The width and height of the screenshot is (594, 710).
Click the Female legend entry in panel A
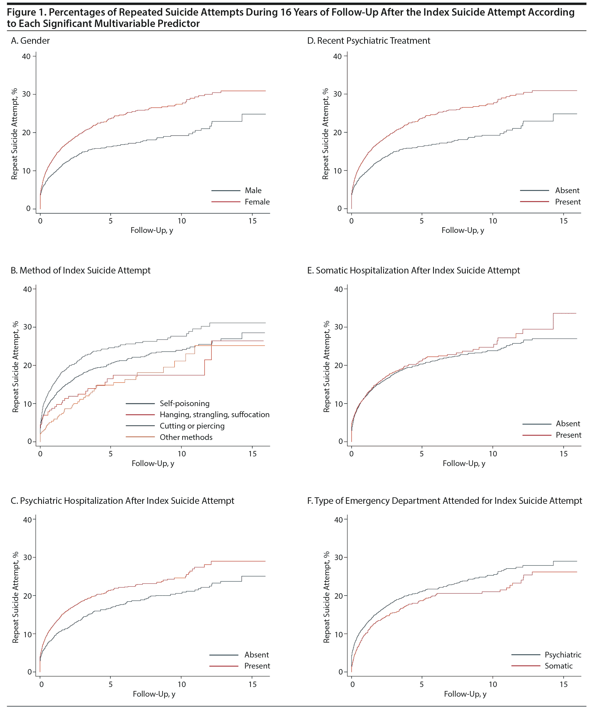click(x=257, y=202)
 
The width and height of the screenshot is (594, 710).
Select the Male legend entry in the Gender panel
click(x=253, y=190)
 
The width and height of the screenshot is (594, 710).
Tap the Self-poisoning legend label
click(x=184, y=403)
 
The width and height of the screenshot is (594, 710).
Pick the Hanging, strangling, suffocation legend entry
click(x=215, y=415)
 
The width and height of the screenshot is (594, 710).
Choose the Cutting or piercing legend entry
click(x=192, y=426)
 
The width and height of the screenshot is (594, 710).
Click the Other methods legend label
click(x=186, y=437)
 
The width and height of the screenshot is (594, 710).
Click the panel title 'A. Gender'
click(x=30, y=41)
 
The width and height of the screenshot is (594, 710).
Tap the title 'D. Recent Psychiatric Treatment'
click(x=369, y=41)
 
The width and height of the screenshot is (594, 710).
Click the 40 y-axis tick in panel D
click(x=337, y=57)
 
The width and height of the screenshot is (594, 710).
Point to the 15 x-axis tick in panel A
click(x=252, y=221)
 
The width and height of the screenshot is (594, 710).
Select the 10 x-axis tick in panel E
click(x=493, y=454)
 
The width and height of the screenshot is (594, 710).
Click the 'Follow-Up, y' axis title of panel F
click(x=465, y=694)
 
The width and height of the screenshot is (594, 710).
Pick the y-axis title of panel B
click(x=15, y=367)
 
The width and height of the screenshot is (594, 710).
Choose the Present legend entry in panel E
click(x=568, y=435)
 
